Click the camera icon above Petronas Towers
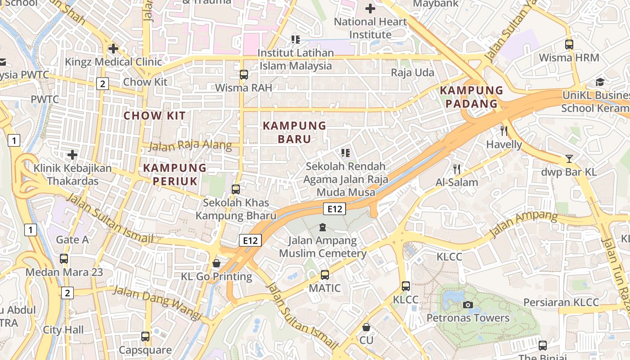[x=468, y=305]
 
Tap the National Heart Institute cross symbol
[x=370, y=9]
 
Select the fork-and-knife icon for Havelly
[x=504, y=131]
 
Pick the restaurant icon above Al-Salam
[x=457, y=169]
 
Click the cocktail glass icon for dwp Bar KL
[x=569, y=158]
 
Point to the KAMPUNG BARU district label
[x=294, y=132]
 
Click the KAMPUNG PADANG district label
[x=471, y=97]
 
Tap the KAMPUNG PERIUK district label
[x=175, y=175]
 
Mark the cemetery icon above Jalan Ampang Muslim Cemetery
[x=322, y=227]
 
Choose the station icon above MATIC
[x=324, y=274]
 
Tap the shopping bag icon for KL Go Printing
[x=216, y=263]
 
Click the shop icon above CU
[x=366, y=327]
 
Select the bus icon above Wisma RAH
[x=243, y=74]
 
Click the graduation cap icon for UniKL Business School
[x=600, y=82]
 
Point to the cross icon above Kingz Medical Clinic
[x=113, y=48]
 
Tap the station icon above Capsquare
[x=145, y=336]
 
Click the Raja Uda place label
[x=412, y=72]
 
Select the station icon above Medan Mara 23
[x=64, y=259]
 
